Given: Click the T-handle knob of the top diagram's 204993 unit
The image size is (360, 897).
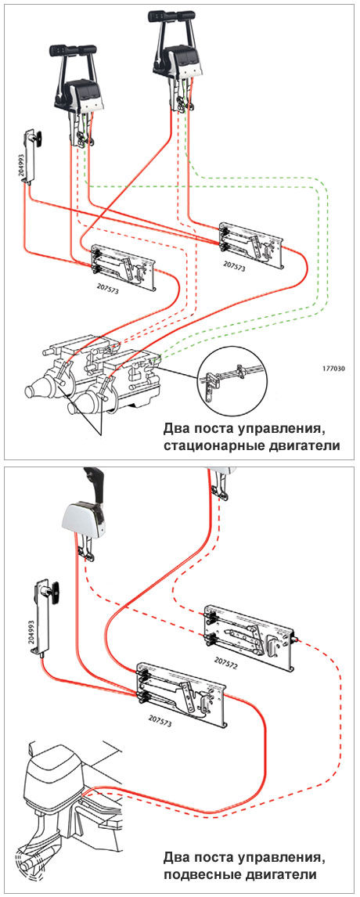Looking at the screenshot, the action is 40,137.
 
